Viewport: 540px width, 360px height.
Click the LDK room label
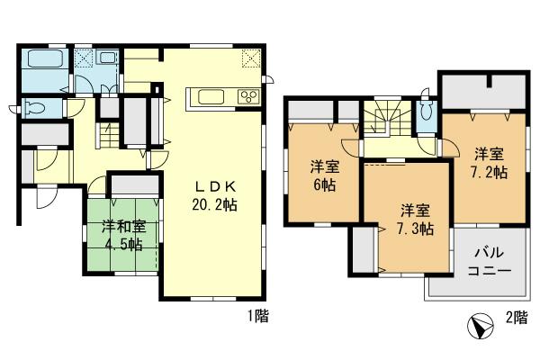pos(214,187)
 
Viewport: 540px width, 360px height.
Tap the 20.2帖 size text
pos(214,205)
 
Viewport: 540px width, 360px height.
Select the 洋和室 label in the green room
pos(120,227)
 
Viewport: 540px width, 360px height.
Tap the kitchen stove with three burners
pos(245,96)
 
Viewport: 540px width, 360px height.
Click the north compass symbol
pos(481,324)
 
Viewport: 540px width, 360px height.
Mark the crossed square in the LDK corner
pos(251,58)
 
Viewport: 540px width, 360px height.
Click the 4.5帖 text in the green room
pos(120,244)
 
